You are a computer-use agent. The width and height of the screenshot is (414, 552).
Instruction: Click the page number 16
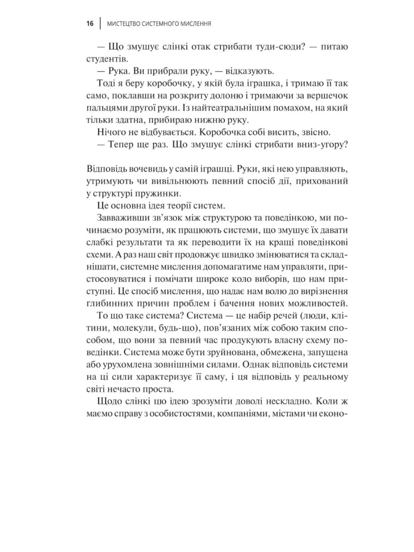90,24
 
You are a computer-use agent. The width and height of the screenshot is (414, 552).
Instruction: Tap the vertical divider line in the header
100,24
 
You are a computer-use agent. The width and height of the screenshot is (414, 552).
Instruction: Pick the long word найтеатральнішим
202,108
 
